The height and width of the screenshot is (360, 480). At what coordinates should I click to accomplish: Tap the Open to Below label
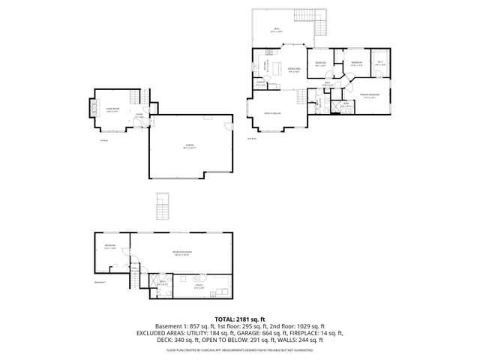pos(272,113)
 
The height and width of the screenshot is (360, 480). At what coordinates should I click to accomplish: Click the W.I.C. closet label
pos(379,63)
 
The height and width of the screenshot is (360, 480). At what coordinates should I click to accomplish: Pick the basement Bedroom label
pos(110,247)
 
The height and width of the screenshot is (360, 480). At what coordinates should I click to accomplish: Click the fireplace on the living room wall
pos(92,106)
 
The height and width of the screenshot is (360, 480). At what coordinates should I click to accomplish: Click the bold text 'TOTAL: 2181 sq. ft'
pos(240,319)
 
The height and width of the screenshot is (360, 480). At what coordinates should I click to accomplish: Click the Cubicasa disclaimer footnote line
pos(240,349)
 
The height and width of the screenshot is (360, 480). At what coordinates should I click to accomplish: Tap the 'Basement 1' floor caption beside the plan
pos(101,282)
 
